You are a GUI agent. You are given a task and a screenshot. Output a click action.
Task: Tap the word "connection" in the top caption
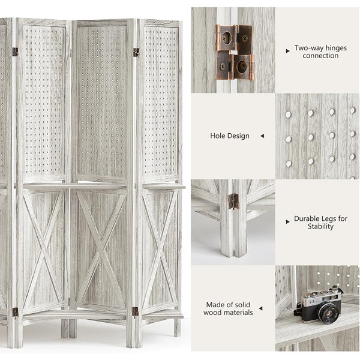(x=320, y=56)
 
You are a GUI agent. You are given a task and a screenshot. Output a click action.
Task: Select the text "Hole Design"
(x=230, y=136)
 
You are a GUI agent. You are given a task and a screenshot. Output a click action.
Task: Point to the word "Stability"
(x=320, y=226)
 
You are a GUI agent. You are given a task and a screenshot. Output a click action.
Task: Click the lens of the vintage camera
(x=329, y=313)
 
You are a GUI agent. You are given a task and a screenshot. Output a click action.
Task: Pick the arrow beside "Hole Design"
(x=262, y=136)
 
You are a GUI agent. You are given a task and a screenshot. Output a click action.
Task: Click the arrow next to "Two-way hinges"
(x=287, y=51)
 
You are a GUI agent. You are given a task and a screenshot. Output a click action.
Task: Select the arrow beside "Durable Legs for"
(x=287, y=222)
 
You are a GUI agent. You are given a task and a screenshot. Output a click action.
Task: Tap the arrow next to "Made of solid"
(x=260, y=308)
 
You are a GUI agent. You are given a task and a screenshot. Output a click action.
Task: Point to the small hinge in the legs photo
(x=233, y=202)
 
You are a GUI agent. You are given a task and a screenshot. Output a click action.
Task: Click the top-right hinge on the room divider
(x=136, y=52)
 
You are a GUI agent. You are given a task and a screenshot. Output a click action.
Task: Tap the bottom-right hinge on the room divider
(x=136, y=311)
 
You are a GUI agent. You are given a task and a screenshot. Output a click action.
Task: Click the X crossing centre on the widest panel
(x=101, y=249)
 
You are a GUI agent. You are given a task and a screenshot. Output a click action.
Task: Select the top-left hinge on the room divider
(x=15, y=52)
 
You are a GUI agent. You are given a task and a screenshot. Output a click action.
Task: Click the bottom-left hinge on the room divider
(x=15, y=312)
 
